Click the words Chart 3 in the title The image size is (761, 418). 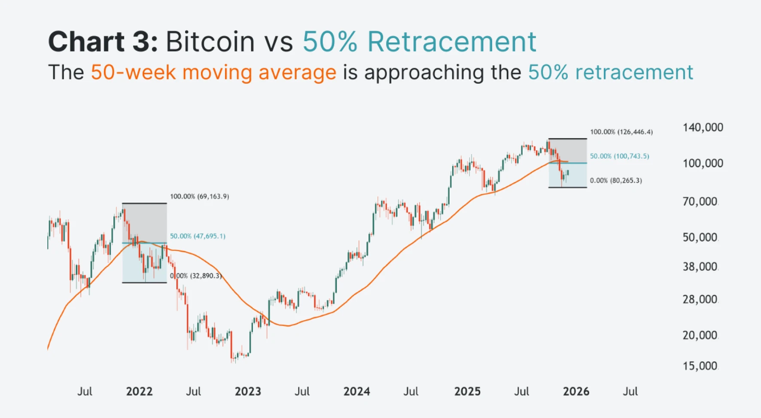(103, 42)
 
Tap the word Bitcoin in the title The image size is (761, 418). (210, 42)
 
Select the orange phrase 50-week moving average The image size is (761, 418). (213, 72)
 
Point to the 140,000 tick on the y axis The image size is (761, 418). (703, 127)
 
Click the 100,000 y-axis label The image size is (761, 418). (703, 164)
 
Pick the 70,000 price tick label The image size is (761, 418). (700, 202)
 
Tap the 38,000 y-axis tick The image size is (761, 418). (700, 267)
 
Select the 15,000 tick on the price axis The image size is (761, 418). (700, 366)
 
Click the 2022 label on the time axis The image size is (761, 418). (139, 391)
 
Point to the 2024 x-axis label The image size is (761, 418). (356, 391)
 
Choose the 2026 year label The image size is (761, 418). (576, 391)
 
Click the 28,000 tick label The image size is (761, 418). (700, 300)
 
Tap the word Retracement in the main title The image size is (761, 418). (452, 42)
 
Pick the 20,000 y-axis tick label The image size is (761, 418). (700, 335)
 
